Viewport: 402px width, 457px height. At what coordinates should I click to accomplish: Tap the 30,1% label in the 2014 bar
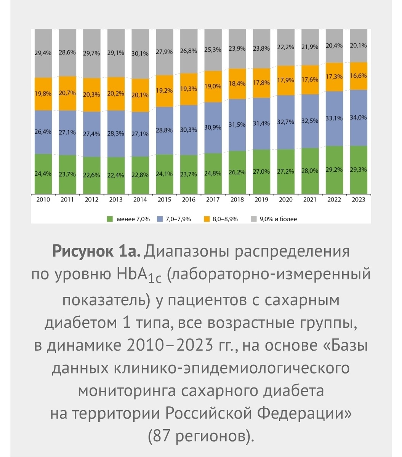pos(140,53)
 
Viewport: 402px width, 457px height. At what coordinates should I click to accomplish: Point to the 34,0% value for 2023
pos(358,118)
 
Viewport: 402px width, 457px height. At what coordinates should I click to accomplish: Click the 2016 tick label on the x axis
pos(189,200)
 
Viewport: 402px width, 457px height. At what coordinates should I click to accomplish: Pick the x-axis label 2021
pos(310,200)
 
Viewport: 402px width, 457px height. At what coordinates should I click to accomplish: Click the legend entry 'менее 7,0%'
pos(133,219)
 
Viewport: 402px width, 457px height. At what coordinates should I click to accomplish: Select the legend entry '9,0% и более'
pos(278,219)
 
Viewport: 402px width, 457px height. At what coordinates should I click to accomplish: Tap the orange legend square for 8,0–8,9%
pos(207,219)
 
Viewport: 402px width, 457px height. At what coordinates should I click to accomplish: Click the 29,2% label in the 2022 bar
pos(334,170)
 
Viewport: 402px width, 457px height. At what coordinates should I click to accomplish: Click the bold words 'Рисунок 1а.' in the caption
pos(97,252)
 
